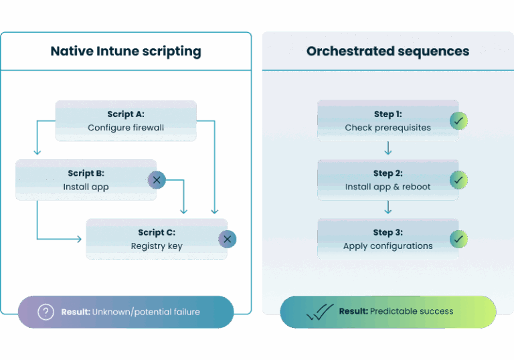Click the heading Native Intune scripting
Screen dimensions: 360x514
(x=126, y=52)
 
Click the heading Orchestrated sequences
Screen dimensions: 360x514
(x=388, y=52)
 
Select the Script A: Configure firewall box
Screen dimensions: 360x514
(x=126, y=120)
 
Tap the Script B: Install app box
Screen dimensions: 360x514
(x=86, y=180)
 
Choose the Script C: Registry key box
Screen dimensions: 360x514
(x=157, y=239)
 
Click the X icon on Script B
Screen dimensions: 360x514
(x=156, y=179)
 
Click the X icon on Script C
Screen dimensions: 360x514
(x=227, y=239)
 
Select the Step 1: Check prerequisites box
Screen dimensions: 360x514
(x=388, y=120)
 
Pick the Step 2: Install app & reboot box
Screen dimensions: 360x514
(x=388, y=180)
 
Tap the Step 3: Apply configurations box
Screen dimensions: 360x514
(x=388, y=239)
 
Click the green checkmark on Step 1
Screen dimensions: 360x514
(x=458, y=120)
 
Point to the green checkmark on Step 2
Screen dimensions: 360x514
(x=458, y=180)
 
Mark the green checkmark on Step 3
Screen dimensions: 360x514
(x=458, y=239)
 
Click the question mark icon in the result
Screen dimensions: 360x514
(x=46, y=312)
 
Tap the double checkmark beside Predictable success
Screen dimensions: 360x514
(x=319, y=312)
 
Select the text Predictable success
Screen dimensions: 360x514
(x=411, y=311)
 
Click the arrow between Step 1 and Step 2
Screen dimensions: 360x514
(x=388, y=151)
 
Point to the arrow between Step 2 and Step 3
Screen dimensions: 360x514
(x=388, y=209)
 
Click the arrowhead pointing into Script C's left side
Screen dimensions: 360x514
(x=82, y=238)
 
